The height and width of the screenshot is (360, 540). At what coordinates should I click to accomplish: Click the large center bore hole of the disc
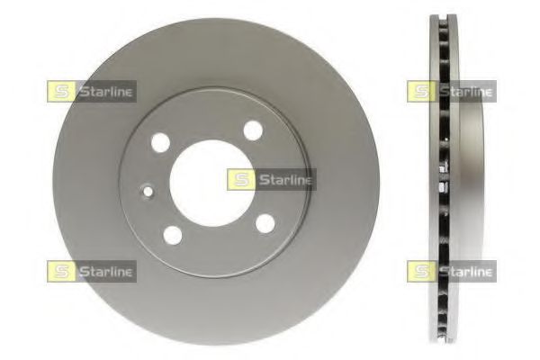212,184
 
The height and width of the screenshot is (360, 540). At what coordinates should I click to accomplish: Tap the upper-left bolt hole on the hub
160,142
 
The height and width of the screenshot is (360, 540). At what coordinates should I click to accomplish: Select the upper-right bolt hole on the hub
253,130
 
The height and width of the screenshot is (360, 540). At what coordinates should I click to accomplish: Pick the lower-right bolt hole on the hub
265,223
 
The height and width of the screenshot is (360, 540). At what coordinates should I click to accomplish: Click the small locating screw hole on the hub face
148,191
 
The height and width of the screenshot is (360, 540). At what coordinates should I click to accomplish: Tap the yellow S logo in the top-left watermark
60,92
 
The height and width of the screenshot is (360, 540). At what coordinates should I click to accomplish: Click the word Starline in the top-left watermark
105,92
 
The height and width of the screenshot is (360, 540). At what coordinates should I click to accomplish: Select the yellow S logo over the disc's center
240,180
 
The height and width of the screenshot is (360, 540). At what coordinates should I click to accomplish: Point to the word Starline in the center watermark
286,180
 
